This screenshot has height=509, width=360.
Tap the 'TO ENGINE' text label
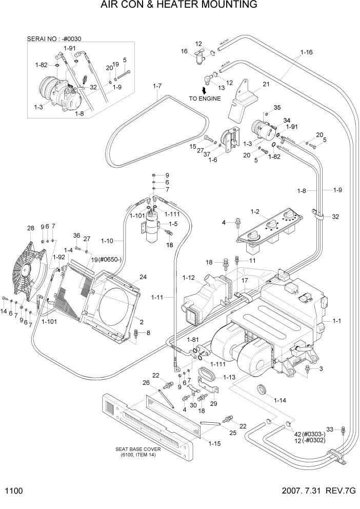[205, 99]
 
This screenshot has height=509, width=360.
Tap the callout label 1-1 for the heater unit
[337, 321]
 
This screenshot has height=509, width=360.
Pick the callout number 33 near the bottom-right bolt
[330, 429]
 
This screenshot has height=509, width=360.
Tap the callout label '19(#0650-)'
[106, 259]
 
